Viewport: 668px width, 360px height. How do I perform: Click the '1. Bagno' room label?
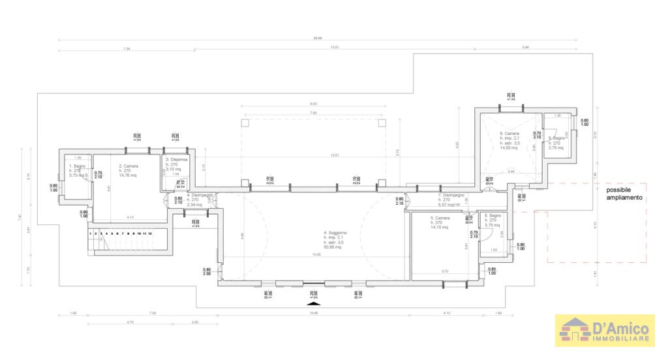[78, 167]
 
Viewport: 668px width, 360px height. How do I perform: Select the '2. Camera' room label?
[129, 166]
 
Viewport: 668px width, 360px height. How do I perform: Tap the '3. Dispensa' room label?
[177, 159]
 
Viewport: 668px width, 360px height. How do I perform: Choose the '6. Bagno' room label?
[492, 215]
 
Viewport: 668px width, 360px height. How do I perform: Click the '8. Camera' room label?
[509, 134]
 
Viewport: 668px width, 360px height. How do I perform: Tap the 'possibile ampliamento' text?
[624, 194]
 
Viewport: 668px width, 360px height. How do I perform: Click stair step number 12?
[151, 233]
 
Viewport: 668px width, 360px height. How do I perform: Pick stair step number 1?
[91, 233]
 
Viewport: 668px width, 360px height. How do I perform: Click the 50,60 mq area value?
[335, 247]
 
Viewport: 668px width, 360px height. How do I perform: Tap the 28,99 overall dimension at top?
[317, 38]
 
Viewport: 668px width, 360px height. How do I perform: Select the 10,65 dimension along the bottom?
[314, 313]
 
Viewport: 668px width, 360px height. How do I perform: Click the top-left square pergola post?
[245, 122]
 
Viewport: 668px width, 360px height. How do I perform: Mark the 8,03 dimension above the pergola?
[313, 104]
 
